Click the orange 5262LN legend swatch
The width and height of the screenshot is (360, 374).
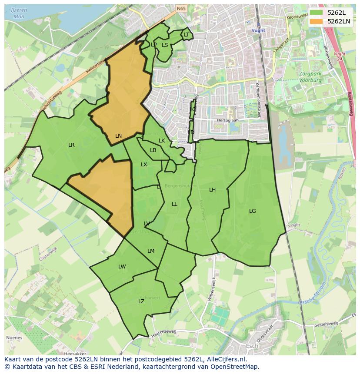(x=316, y=21)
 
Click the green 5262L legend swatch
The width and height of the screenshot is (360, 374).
(x=316, y=12)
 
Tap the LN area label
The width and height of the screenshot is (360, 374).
(x=118, y=136)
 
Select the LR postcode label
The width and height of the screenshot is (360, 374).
(x=71, y=145)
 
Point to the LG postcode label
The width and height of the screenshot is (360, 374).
(x=252, y=211)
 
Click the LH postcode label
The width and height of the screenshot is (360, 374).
(x=212, y=190)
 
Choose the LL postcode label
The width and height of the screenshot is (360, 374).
(x=174, y=204)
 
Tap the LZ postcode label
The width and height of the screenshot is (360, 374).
(x=141, y=301)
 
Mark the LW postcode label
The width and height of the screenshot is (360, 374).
(x=122, y=267)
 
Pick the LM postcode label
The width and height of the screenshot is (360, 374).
(x=151, y=251)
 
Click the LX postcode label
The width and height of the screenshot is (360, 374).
(x=144, y=165)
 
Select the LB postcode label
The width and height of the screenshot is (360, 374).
(x=153, y=150)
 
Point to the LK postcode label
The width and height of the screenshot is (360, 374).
(x=162, y=141)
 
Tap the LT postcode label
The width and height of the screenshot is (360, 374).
(x=187, y=35)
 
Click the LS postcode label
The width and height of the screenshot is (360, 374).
(x=165, y=45)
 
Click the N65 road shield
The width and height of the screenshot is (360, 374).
(x=181, y=8)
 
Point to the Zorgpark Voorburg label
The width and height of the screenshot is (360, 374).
(x=310, y=77)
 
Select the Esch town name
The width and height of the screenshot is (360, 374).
(x=251, y=346)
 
